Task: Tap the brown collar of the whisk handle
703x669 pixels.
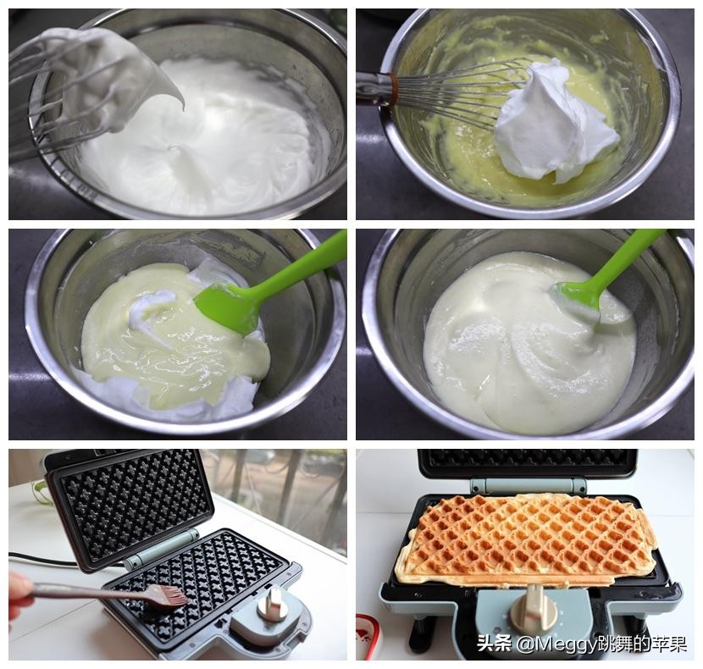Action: pos(394,89)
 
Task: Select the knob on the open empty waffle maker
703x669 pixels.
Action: pos(270,603)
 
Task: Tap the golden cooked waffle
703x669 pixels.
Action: pos(524,538)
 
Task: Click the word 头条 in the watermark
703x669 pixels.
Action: pos(494,644)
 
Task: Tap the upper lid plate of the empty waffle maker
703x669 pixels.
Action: pos(130,505)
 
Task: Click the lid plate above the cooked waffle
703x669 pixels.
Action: pos(527,462)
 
